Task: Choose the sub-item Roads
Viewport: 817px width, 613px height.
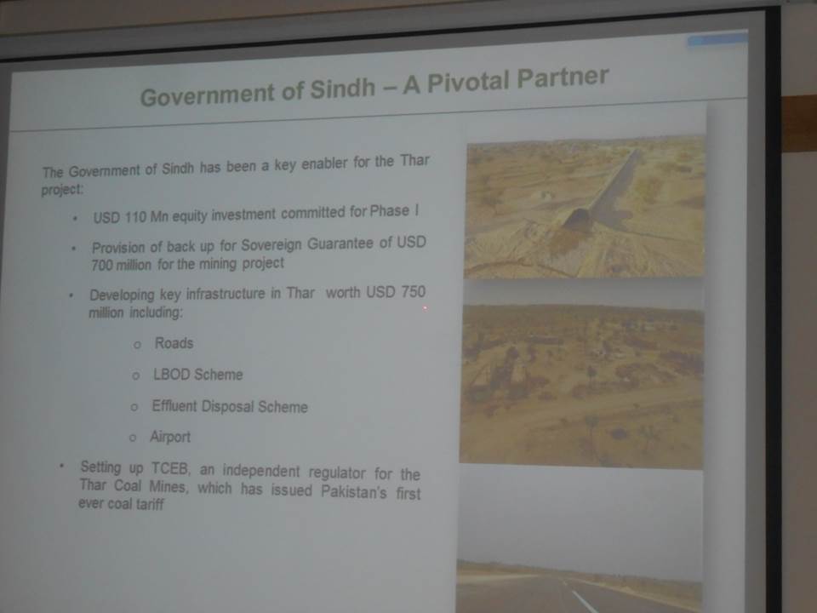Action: (174, 343)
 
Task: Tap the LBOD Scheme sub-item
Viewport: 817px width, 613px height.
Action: (198, 375)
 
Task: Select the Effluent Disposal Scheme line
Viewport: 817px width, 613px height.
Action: (230, 407)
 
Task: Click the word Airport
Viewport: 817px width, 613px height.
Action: (170, 437)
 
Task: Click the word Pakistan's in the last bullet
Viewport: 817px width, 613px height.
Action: (354, 491)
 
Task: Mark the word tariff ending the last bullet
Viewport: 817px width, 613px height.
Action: (150, 504)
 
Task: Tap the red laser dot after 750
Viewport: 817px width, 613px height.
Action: (426, 308)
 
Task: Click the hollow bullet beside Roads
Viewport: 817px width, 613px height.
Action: (137, 345)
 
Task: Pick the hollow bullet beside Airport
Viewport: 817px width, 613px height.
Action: (133, 438)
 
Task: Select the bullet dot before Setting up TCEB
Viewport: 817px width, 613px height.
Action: (62, 465)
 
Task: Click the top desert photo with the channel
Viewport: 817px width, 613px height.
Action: (585, 207)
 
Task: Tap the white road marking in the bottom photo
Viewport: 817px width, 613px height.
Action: (585, 602)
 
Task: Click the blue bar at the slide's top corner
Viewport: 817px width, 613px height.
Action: (717, 38)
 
